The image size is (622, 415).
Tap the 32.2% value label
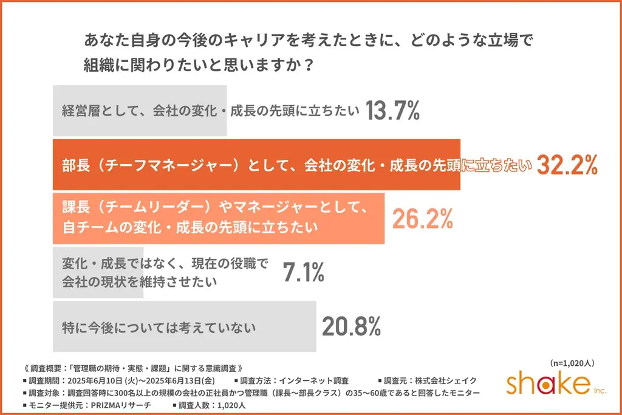point(567,165)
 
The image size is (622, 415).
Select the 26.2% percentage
point(423,219)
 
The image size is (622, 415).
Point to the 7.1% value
point(304,273)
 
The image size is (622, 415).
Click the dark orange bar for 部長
point(255,165)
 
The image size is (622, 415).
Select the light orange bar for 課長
point(219,219)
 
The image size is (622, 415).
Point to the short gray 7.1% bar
point(97,273)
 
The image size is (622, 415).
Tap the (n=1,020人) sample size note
point(571,363)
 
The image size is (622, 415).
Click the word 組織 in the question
point(98,64)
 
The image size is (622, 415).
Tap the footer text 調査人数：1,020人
point(210,404)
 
